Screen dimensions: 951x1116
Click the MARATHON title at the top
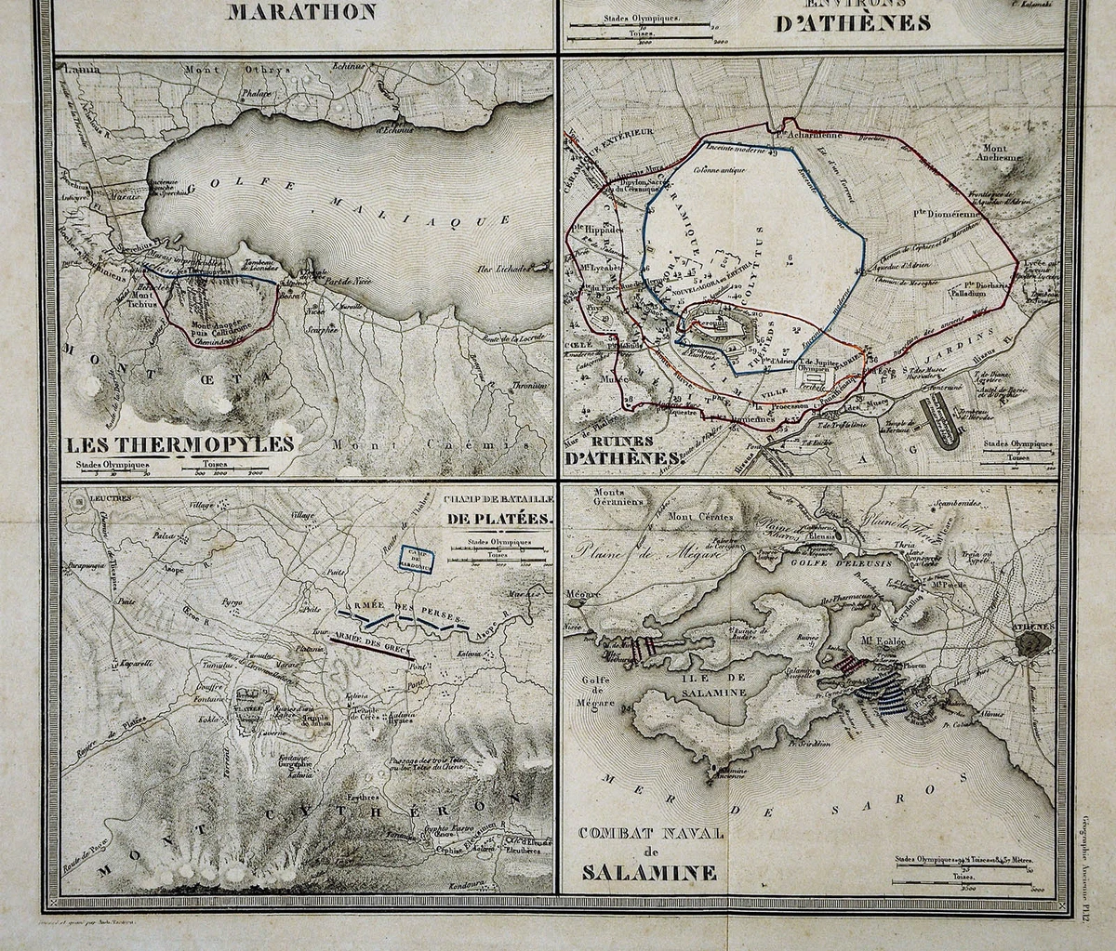[x=302, y=12]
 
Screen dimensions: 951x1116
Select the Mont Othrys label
[x=229, y=69]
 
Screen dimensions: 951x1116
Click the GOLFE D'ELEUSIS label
[x=829, y=562]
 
